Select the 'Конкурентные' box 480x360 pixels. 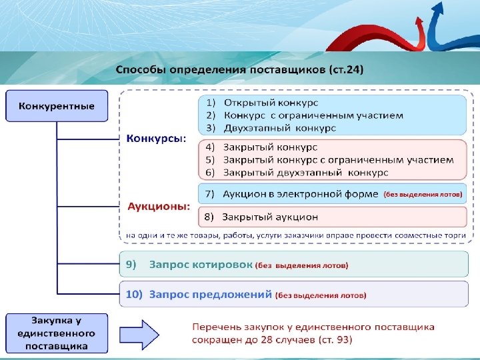(x=57, y=106)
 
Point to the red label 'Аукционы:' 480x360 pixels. (x=159, y=206)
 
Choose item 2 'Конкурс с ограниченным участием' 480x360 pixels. (x=313, y=115)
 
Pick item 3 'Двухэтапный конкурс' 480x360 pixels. (x=279, y=127)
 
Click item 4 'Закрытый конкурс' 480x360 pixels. (x=270, y=147)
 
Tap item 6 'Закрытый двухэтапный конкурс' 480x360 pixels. (x=305, y=172)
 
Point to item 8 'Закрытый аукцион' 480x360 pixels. (x=270, y=217)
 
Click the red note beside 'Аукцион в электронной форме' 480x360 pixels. (x=422, y=195)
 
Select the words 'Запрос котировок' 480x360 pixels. (x=200, y=265)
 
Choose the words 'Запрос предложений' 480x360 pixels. (x=210, y=294)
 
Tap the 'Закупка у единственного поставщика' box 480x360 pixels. (x=57, y=333)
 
